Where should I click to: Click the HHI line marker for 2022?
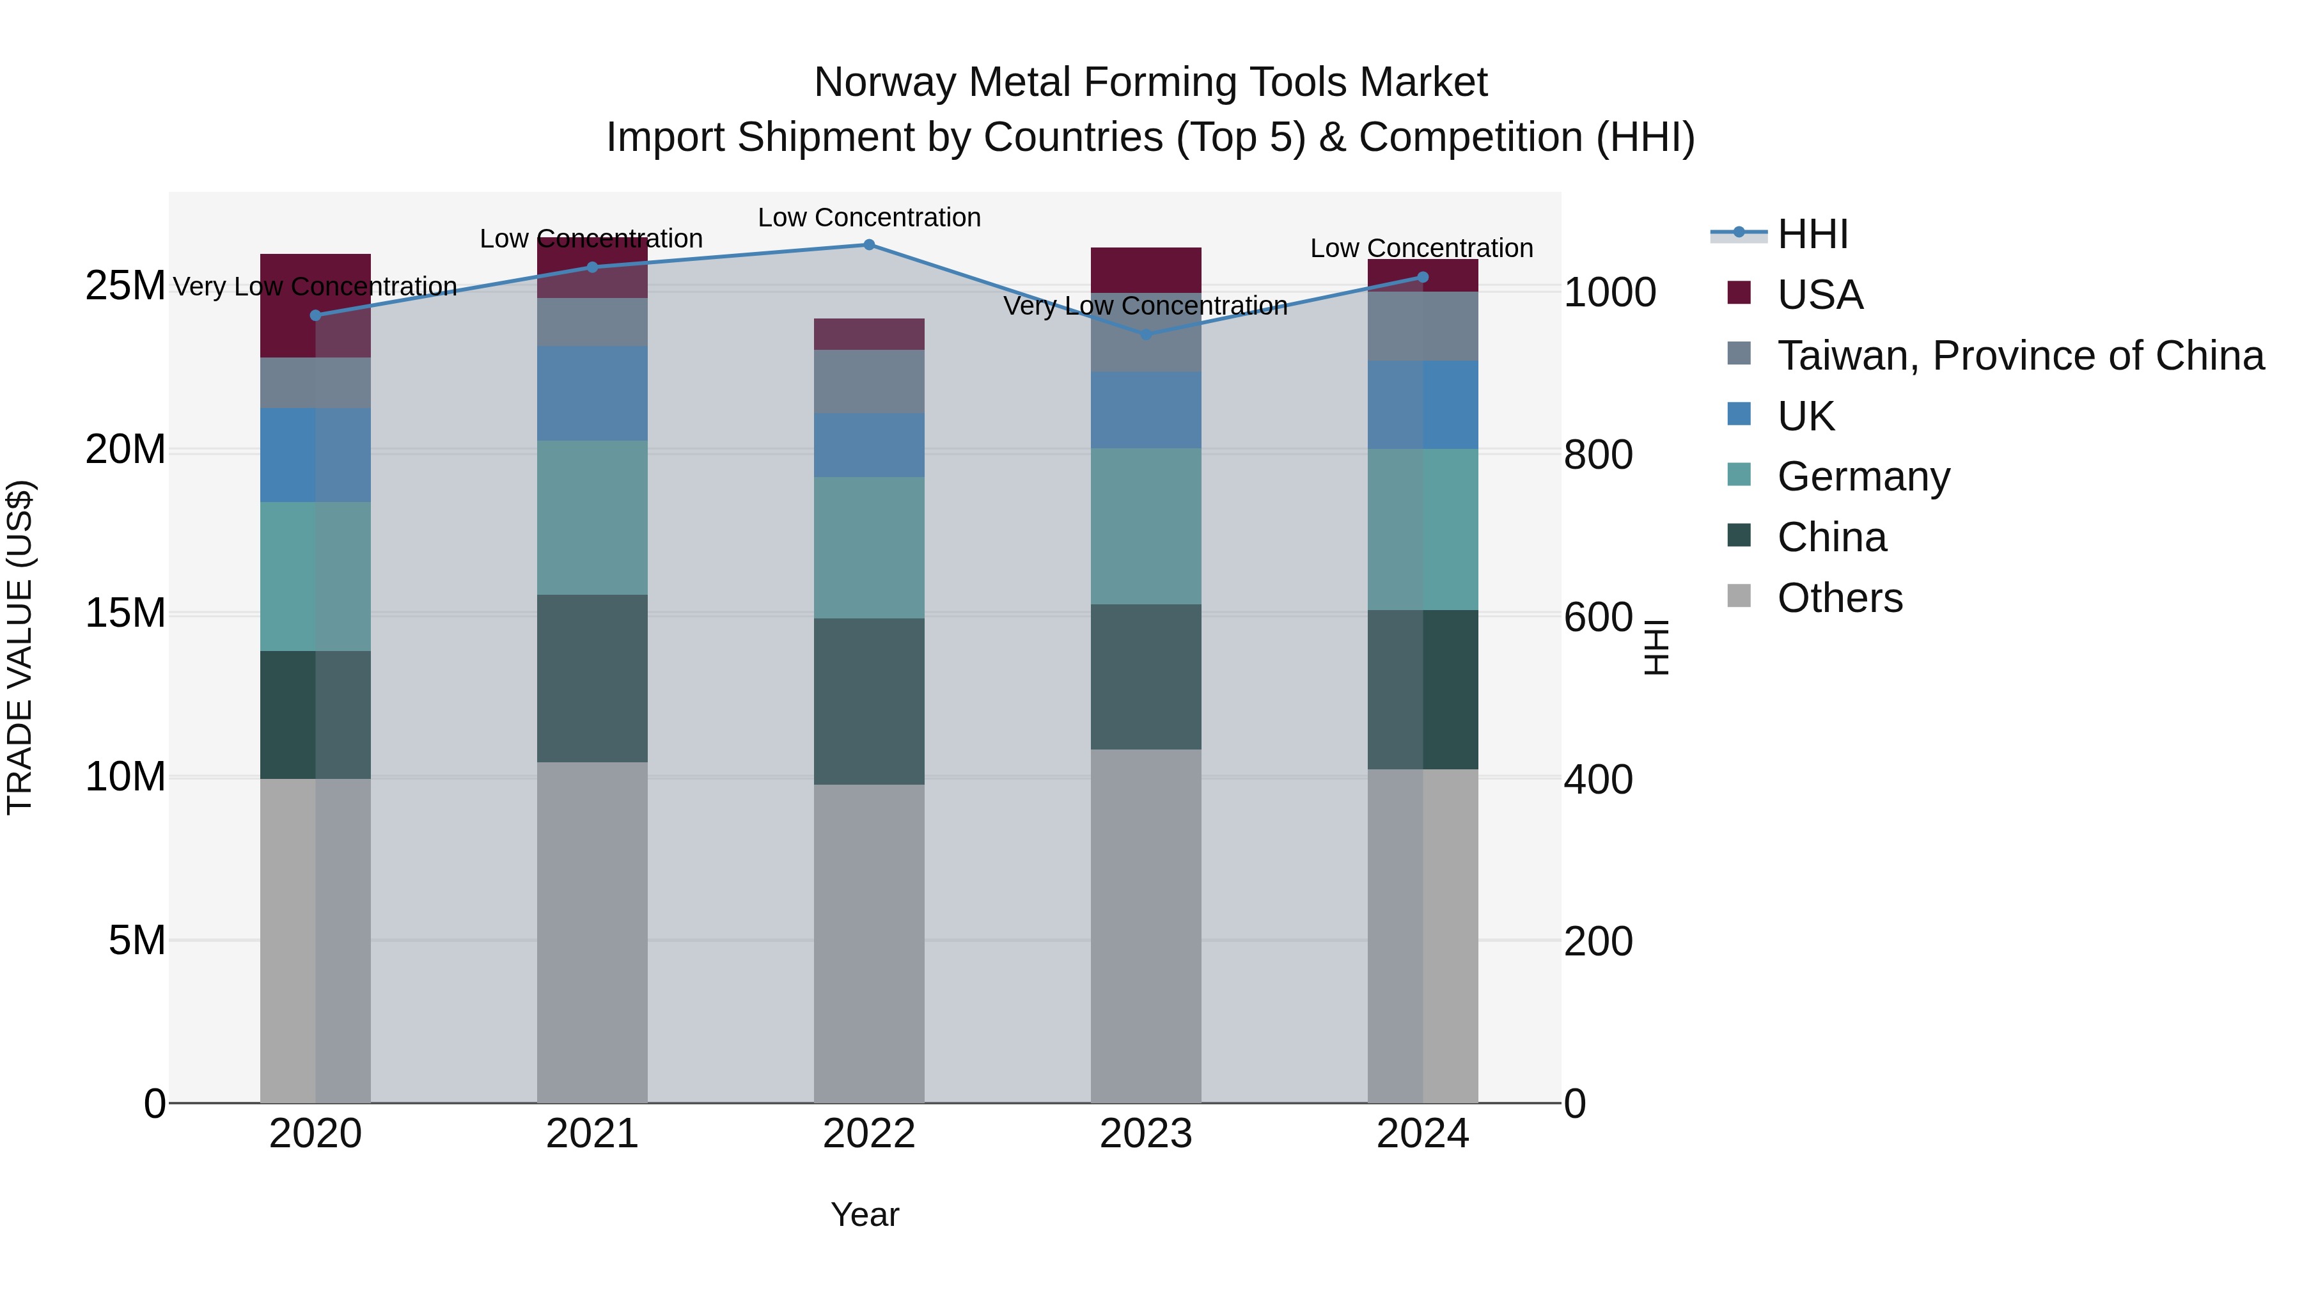click(x=868, y=244)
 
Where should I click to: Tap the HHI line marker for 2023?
click(x=1147, y=334)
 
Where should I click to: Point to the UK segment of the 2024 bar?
click(x=1423, y=404)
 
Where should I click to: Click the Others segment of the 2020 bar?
click(x=315, y=940)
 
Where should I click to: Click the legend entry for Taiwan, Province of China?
click(x=2019, y=356)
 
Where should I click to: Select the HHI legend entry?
click(x=1812, y=234)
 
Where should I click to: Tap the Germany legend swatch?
click(x=1739, y=475)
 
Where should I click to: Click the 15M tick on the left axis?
click(x=125, y=613)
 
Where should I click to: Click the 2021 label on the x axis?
click(x=591, y=1134)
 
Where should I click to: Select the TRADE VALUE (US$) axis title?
click(x=20, y=647)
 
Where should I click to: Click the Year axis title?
click(x=864, y=1214)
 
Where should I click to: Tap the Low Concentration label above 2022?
click(x=868, y=217)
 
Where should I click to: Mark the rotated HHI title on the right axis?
click(x=1656, y=647)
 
